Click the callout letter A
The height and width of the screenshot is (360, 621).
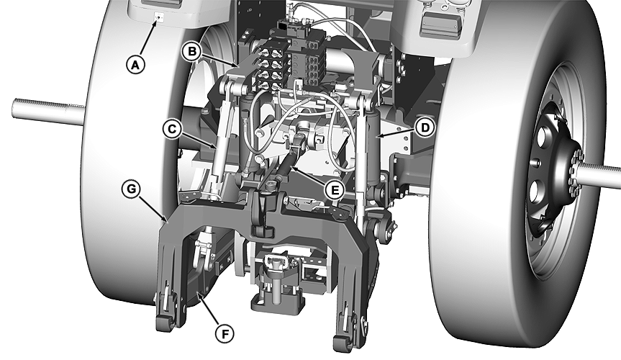coord(135,64)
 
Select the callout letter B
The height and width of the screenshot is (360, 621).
coord(191,51)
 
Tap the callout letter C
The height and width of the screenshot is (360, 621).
coord(171,130)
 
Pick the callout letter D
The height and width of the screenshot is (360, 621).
coord(425,127)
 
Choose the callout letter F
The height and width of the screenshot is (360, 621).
coord(226,333)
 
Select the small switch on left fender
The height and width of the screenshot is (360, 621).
coord(159,17)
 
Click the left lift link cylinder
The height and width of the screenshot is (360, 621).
coord(219,148)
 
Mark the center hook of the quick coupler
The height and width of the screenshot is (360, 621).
coord(262,216)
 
